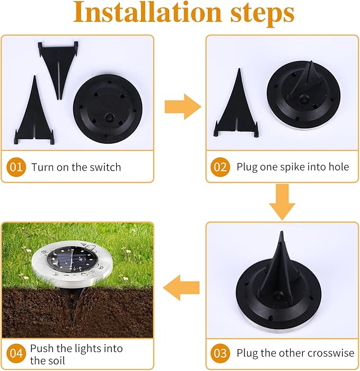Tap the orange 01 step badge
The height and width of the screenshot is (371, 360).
point(16,167)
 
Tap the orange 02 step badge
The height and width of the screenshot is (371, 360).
point(219,167)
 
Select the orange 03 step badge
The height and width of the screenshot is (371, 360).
point(219,352)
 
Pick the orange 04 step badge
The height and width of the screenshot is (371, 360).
point(16,352)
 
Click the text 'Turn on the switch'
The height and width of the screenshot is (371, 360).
point(76,167)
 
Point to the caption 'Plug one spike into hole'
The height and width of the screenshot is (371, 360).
point(293,167)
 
